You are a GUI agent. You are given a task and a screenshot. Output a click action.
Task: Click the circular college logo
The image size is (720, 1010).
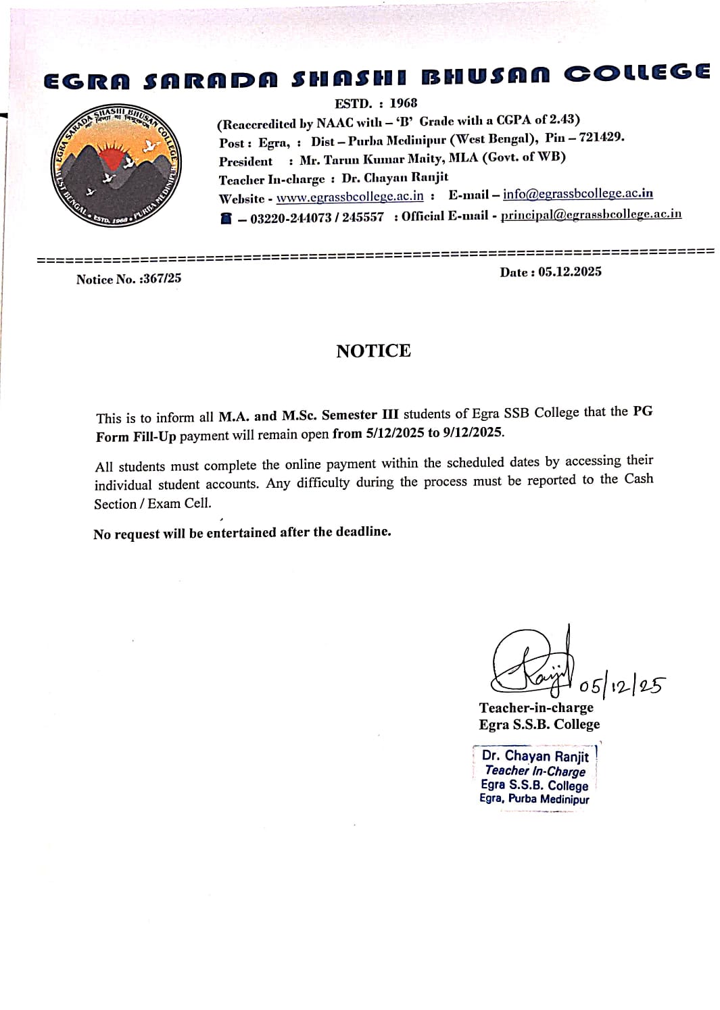click(x=116, y=165)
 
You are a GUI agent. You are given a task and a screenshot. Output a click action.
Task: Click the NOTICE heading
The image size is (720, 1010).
click(x=373, y=351)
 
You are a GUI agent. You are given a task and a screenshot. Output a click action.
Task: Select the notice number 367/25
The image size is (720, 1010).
click(x=162, y=278)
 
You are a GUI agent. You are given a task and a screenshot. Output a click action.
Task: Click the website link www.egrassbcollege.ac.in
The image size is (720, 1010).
click(x=350, y=197)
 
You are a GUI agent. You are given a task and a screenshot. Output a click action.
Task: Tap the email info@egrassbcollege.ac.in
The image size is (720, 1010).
click(x=578, y=194)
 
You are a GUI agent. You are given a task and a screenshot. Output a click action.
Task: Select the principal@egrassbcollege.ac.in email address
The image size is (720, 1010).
click(x=591, y=214)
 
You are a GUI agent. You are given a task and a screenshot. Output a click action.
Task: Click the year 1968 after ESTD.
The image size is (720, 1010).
click(x=403, y=103)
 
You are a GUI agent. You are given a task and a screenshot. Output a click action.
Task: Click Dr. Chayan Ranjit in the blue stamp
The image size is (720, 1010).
click(x=535, y=756)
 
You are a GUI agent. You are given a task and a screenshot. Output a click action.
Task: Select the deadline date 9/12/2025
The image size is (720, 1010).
click(x=473, y=432)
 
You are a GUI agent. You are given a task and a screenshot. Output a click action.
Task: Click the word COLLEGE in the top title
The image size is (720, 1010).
click(x=636, y=73)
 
